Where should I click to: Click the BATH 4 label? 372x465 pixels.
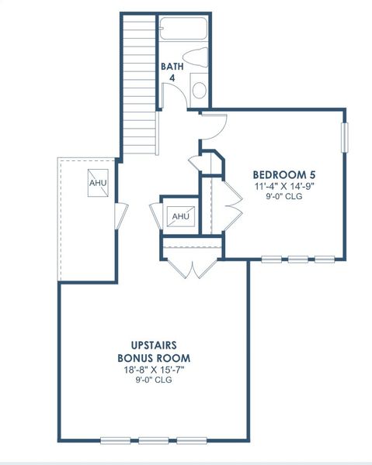tap(172, 72)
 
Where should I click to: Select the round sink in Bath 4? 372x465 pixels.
tap(199, 90)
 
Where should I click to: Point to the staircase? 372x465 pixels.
tap(140, 77)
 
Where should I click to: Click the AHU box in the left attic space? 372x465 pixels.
tap(98, 183)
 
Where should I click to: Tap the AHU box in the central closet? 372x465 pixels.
tap(180, 215)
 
